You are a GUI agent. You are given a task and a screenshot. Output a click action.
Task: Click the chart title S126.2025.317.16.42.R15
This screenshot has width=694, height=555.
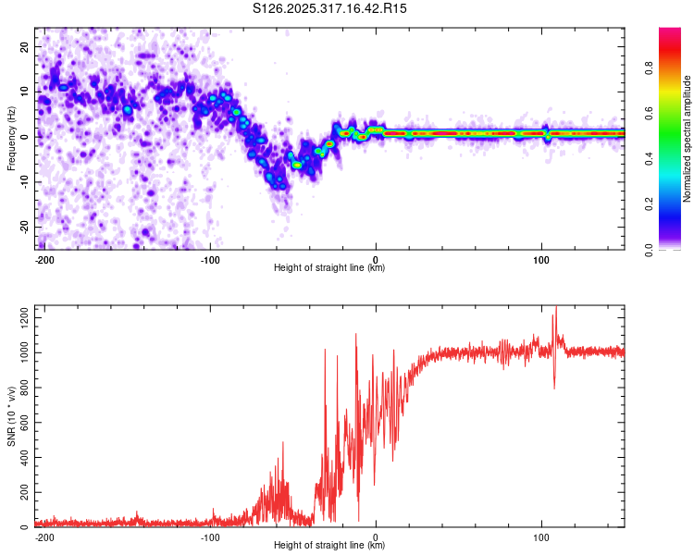click(330, 8)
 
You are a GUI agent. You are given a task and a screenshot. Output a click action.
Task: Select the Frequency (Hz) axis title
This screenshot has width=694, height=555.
click(11, 136)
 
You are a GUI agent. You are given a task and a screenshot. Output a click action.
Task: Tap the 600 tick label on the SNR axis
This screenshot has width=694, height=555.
click(23, 423)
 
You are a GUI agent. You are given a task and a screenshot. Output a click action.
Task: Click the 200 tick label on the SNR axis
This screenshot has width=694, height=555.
click(23, 493)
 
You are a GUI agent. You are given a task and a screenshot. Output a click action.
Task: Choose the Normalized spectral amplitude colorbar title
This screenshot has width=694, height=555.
click(688, 137)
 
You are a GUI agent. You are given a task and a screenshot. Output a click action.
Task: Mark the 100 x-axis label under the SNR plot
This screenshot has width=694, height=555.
click(541, 536)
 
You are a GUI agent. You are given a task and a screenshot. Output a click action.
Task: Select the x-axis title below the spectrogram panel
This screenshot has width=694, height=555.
click(329, 268)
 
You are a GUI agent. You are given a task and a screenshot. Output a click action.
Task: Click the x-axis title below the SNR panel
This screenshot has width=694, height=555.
click(329, 546)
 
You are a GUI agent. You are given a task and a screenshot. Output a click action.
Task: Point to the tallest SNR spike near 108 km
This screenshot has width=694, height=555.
click(555, 308)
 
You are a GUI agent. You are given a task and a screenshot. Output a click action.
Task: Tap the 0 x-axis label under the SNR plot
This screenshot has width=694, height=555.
click(376, 536)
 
